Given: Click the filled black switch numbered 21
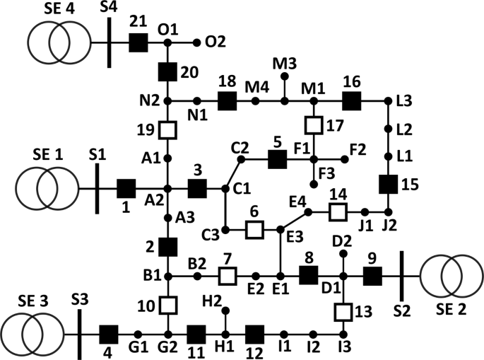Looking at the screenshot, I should tap(138, 42).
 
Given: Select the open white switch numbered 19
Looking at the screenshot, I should tap(167, 130).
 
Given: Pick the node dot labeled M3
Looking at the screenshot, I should tap(285, 79).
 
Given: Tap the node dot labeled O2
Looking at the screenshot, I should tap(198, 42).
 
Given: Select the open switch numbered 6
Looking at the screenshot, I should tap(254, 230).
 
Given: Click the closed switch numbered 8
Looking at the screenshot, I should tap(308, 275).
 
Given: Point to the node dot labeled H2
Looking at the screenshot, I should tap(226, 310).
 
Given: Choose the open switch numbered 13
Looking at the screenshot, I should tap(343, 310).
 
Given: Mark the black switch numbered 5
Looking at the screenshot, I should tap(278, 160).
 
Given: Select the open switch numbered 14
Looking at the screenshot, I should tap(338, 211).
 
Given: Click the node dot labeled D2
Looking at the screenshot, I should tap(343, 252).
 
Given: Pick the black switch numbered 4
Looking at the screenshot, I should tap(108, 334).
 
